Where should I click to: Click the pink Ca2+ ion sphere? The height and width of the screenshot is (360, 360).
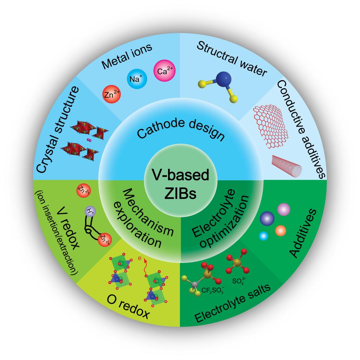(165, 71)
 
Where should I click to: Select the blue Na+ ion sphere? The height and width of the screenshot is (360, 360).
(137, 79)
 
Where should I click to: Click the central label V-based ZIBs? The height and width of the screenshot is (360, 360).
(180, 184)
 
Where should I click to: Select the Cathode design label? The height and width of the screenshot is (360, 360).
(180, 129)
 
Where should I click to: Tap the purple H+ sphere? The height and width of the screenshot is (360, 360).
(90, 211)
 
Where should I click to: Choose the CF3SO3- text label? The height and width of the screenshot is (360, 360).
(213, 290)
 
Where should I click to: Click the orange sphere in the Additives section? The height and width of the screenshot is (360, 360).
(280, 231)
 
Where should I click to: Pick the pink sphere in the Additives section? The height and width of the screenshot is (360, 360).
(284, 210)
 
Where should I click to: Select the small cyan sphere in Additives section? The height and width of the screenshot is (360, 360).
(263, 236)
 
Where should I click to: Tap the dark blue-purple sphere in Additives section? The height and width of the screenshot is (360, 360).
(267, 218)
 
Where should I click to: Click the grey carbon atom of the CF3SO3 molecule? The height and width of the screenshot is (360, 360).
(195, 284)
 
